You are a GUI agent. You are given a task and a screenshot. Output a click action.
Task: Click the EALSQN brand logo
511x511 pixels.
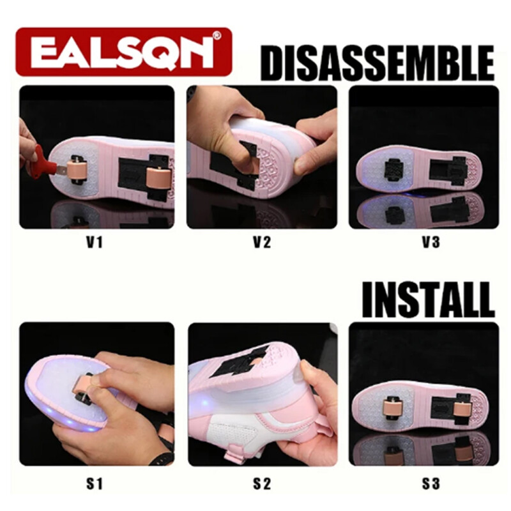coord(124,52)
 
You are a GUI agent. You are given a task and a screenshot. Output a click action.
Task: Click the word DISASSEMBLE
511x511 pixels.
coord(378,63)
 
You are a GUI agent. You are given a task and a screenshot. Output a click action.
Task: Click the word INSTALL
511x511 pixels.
coord(428,300)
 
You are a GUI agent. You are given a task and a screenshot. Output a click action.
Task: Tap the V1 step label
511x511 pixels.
coord(95,242)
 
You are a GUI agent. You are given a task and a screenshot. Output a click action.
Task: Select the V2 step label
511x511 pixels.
coord(262,242)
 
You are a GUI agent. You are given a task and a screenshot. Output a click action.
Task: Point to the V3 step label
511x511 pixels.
coord(431,242)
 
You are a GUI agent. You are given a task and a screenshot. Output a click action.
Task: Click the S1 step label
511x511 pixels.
coord(95,484)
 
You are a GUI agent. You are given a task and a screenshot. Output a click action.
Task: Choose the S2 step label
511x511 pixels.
coord(262,484)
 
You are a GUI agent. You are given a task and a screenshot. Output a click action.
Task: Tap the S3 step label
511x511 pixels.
coord(431,484)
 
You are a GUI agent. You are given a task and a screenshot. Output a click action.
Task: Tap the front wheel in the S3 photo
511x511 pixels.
coord(395,407)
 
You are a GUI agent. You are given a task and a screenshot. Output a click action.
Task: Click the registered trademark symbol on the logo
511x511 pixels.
coord(217,35)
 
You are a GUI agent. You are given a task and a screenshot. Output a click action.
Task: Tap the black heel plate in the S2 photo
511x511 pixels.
coord(242,360)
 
